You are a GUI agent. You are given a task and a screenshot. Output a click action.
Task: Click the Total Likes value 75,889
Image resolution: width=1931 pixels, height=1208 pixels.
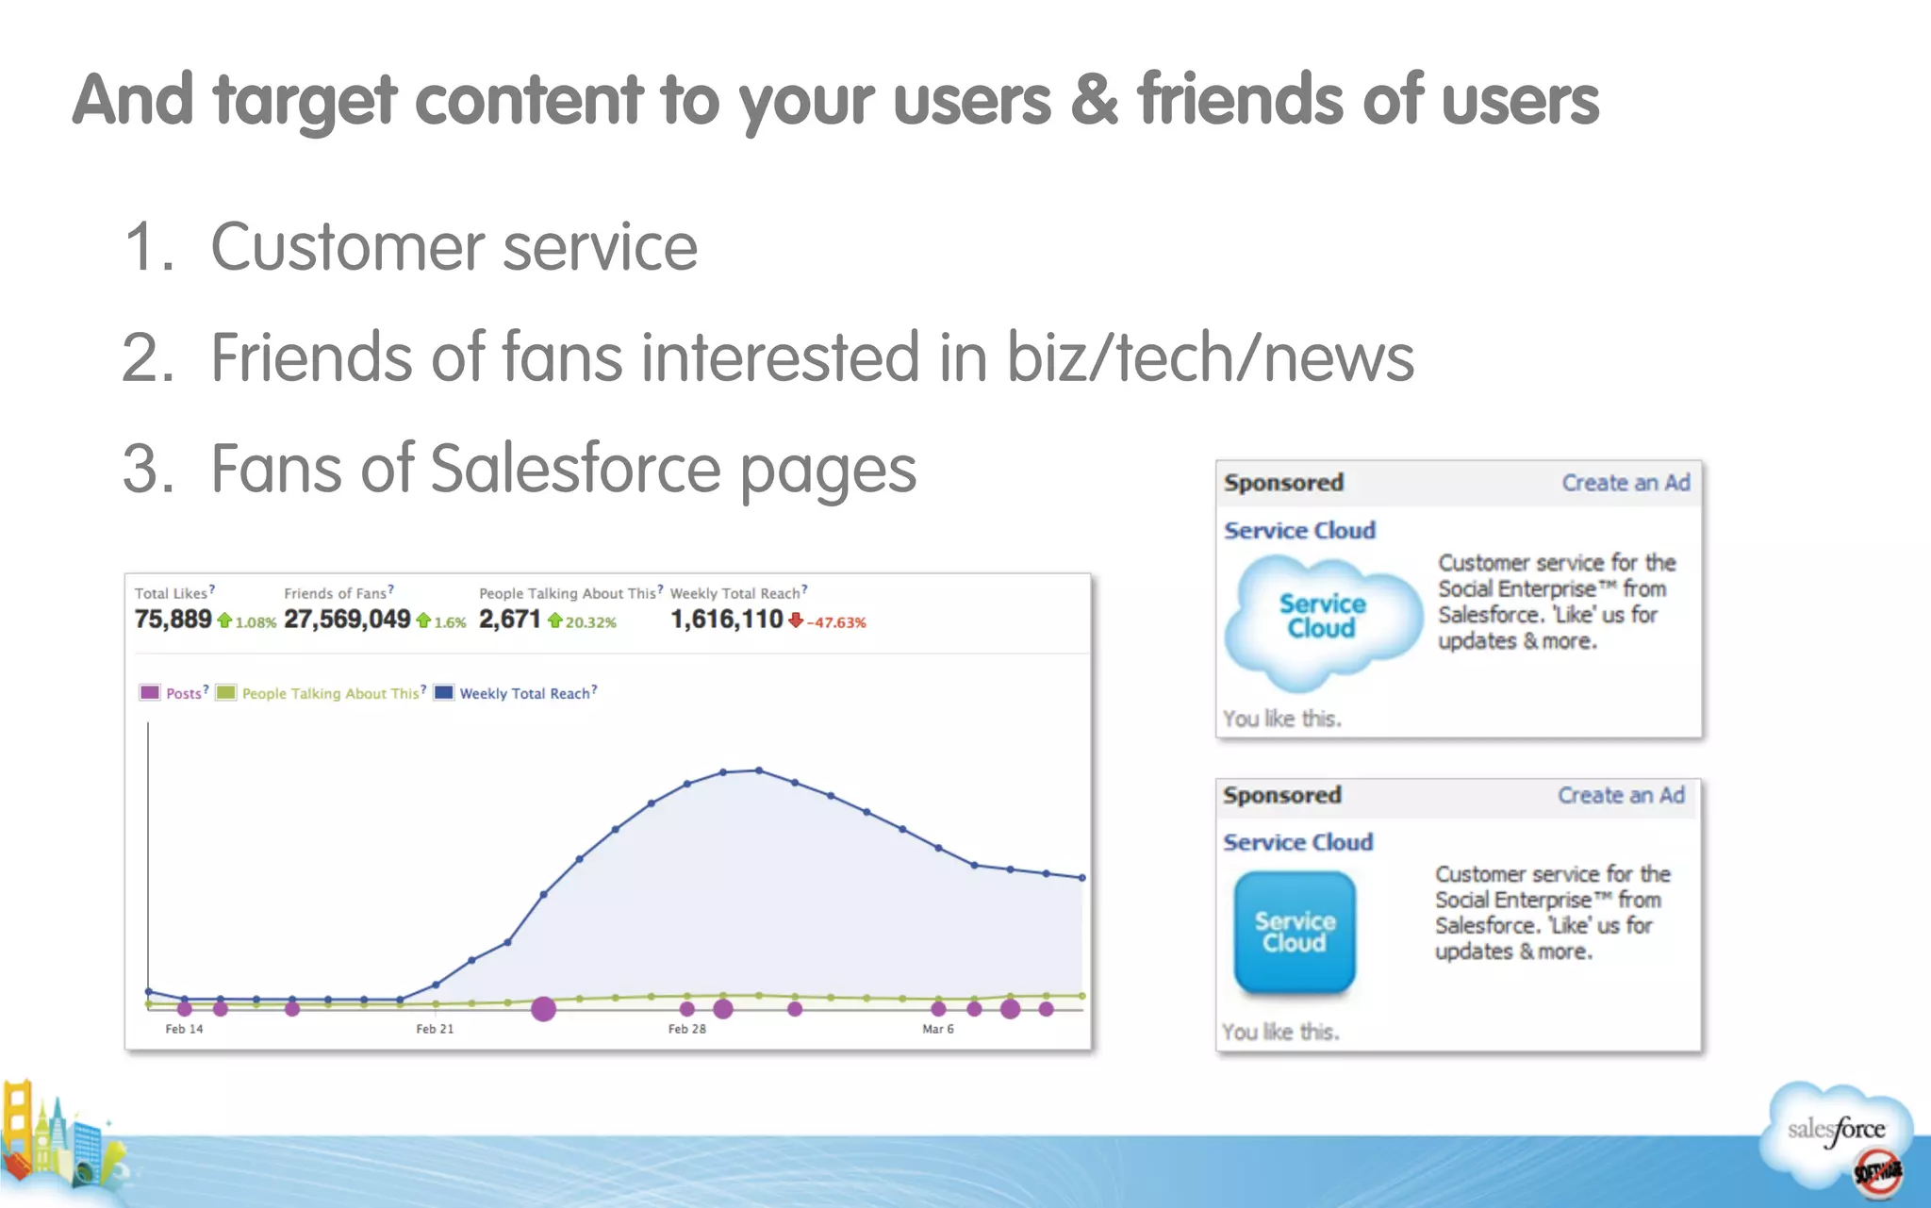[173, 620]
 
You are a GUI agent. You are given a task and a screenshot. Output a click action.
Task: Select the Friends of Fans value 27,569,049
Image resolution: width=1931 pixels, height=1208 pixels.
[347, 620]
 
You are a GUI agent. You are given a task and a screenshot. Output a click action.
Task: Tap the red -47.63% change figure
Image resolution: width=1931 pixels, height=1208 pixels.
[836, 622]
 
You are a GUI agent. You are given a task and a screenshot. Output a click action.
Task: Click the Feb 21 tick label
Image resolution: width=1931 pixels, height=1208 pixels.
[435, 1029]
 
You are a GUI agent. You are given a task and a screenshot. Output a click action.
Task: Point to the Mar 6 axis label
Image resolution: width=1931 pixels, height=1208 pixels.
[937, 1029]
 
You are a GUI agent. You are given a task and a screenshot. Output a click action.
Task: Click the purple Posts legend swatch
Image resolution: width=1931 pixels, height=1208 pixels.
[150, 693]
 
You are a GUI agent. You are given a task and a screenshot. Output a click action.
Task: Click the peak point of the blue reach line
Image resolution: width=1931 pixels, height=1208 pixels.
[759, 770]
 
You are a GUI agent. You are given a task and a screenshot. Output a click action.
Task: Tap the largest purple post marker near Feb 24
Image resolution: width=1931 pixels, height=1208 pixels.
[543, 1009]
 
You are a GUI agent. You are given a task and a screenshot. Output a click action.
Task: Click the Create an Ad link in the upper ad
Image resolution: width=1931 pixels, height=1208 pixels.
[1626, 483]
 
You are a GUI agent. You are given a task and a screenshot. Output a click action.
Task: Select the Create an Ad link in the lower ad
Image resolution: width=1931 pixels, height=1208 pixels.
[1621, 795]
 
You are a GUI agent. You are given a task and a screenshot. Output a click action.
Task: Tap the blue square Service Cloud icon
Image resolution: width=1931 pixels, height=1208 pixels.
[1295, 932]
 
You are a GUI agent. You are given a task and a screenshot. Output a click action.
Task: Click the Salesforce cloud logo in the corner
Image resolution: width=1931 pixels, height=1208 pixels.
[1836, 1131]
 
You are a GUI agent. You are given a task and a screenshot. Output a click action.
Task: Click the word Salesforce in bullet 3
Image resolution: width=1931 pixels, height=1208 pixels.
[575, 469]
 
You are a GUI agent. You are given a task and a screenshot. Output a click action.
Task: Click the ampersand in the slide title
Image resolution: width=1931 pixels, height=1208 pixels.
[1094, 100]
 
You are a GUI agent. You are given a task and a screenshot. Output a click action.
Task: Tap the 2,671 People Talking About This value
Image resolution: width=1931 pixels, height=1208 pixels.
[509, 620]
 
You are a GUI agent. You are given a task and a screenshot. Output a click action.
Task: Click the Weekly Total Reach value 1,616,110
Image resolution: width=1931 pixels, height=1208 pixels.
[726, 620]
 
